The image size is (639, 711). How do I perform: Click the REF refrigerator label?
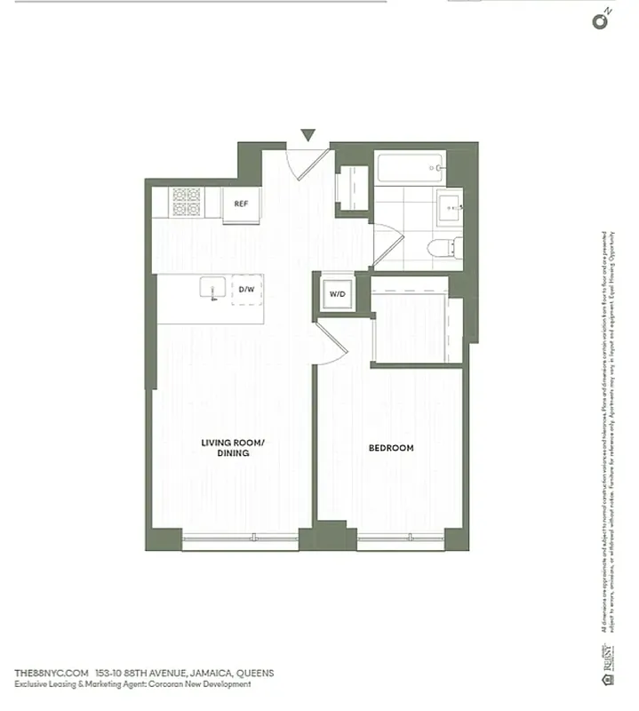[240, 204]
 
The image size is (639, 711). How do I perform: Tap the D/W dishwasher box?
[245, 289]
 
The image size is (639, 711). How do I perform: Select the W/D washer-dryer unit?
[337, 292]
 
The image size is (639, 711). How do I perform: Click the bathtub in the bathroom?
[410, 167]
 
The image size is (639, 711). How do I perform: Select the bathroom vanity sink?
[448, 209]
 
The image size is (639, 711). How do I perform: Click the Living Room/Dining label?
[224, 447]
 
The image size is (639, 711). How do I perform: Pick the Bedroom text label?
[391, 448]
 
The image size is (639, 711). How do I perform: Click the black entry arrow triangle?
[308, 135]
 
